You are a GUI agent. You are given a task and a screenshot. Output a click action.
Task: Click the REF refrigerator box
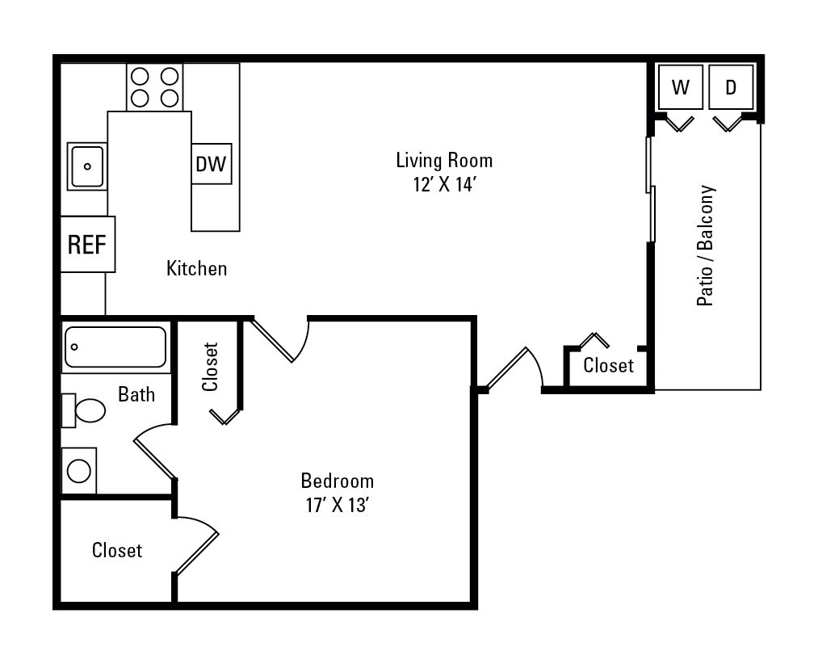point(87,244)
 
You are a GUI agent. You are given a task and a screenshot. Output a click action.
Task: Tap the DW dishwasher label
point(212,164)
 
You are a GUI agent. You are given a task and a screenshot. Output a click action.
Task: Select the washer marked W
point(681,87)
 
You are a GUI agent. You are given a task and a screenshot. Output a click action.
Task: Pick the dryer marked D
point(731,87)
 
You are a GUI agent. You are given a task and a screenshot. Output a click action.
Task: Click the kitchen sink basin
point(86,166)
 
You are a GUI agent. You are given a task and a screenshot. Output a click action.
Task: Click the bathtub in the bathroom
point(115,347)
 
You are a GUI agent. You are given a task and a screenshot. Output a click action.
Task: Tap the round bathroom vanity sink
point(79,470)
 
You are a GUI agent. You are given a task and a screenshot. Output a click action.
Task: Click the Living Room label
point(444,160)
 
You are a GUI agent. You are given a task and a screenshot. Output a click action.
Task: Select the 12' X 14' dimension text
point(444,184)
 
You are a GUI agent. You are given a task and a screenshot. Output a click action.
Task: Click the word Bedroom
point(337,481)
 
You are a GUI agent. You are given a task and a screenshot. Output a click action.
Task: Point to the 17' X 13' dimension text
point(337,506)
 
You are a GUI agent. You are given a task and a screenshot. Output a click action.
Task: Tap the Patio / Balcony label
point(706,246)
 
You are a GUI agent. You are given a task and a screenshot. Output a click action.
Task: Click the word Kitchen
point(196,268)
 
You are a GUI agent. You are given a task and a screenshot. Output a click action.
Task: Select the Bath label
point(136,394)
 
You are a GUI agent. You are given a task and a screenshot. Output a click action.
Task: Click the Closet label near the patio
point(608,366)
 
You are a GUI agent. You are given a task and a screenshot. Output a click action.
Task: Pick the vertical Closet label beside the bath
point(210,367)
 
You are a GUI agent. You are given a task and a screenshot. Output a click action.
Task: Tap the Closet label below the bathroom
point(116,550)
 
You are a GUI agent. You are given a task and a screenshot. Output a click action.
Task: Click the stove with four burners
point(154,87)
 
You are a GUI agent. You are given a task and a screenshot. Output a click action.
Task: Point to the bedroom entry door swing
point(281,339)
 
